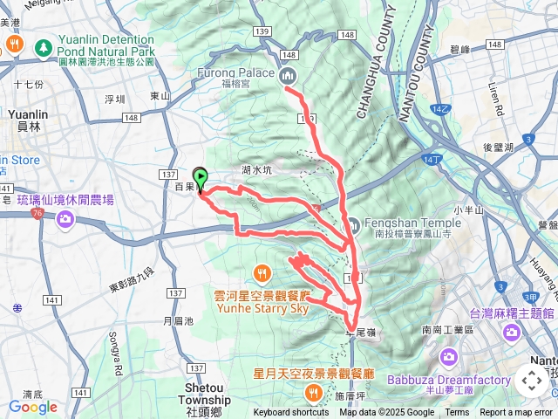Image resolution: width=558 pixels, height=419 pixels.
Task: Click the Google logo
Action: tap(32, 407)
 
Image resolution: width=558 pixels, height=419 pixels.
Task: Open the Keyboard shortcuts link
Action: tap(291, 413)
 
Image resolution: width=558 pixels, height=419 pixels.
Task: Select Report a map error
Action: tap(517, 413)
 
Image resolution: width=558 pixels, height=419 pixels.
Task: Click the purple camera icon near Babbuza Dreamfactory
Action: tap(448, 356)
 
